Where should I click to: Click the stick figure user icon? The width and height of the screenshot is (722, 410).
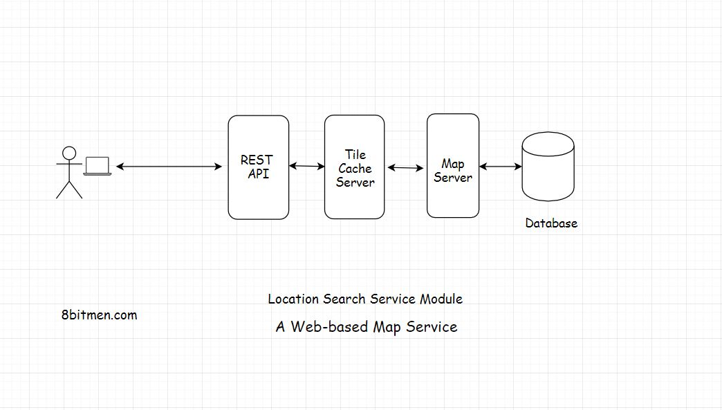click(x=68, y=172)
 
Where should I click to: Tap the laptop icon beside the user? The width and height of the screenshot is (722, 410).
click(x=98, y=166)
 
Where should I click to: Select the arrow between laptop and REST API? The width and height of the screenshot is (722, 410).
click(x=169, y=167)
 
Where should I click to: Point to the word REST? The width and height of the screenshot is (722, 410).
click(x=257, y=160)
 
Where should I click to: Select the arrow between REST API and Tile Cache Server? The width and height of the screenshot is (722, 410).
click(x=306, y=166)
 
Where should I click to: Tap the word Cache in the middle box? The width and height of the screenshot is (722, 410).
click(x=355, y=169)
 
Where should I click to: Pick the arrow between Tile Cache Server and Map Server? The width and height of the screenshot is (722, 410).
click(x=405, y=168)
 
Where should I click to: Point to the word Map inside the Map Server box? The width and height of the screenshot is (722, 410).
click(x=453, y=164)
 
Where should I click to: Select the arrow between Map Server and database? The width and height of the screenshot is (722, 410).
click(x=500, y=167)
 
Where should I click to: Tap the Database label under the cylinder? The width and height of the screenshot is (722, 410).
click(x=550, y=223)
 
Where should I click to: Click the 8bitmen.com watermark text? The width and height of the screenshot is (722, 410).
click(x=99, y=315)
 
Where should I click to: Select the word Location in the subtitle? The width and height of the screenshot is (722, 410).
click(x=294, y=299)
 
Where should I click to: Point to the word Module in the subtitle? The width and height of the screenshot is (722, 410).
click(x=441, y=299)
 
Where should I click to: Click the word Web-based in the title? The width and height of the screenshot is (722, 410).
click(x=329, y=327)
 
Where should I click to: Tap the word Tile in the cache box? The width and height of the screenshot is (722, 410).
click(x=355, y=155)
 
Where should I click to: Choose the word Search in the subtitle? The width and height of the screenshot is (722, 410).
click(x=344, y=299)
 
